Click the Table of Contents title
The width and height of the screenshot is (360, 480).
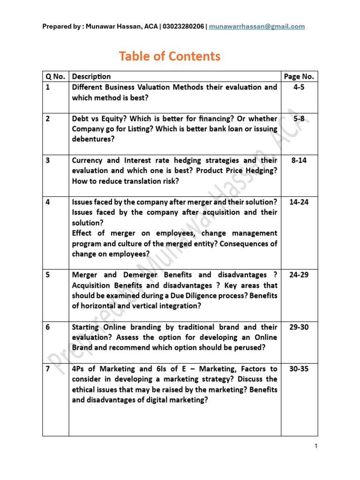169,56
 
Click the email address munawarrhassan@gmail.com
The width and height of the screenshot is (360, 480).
257,26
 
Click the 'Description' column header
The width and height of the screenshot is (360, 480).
91,76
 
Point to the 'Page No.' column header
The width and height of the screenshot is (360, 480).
299,76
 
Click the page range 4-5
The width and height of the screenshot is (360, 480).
299,87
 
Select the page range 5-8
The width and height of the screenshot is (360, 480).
299,119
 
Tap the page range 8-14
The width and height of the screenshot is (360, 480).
299,160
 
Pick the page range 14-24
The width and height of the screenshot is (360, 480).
299,202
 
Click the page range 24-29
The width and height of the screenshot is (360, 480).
299,275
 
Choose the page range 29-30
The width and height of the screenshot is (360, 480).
299,327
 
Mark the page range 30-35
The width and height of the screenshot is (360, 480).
299,369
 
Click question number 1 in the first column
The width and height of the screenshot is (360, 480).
47,87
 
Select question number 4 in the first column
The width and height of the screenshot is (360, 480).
48,202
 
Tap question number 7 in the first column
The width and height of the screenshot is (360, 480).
48,369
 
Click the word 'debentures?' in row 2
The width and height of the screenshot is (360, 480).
93,139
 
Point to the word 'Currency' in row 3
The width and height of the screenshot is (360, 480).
88,160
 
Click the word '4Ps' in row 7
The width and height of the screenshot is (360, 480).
78,369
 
